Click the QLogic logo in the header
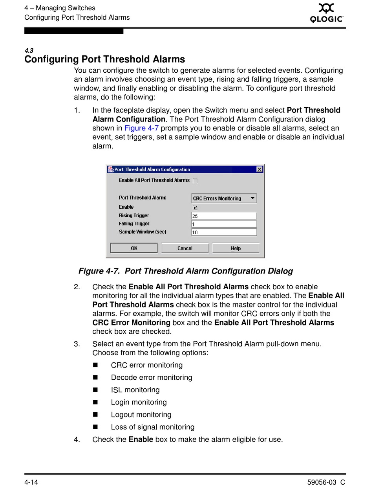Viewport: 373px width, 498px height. coord(326,13)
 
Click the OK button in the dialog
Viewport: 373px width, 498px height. coord(134,248)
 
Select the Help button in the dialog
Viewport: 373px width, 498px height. coord(236,248)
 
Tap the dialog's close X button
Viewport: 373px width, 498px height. coord(260,169)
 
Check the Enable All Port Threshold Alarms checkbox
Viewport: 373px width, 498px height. coord(196,181)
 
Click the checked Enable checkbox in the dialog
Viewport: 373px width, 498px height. coord(196,208)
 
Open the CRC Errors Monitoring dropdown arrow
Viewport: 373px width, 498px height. coord(252,198)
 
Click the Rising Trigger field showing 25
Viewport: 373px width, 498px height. coord(224,216)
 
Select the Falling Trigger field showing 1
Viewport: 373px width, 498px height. coord(224,224)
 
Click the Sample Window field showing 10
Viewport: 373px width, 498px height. coord(224,232)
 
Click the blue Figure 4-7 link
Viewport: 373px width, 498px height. coord(141,128)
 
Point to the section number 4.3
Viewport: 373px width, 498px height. coord(29,50)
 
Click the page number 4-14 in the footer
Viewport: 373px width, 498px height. coord(31,482)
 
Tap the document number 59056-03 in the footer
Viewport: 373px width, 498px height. coord(322,482)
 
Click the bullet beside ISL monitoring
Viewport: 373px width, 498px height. coord(95,390)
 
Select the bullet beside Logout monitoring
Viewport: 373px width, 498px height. coord(95,415)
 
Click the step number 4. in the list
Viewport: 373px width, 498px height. coord(77,439)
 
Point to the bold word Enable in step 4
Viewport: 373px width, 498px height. coord(141,439)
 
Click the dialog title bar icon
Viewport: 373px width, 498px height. coord(111,169)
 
